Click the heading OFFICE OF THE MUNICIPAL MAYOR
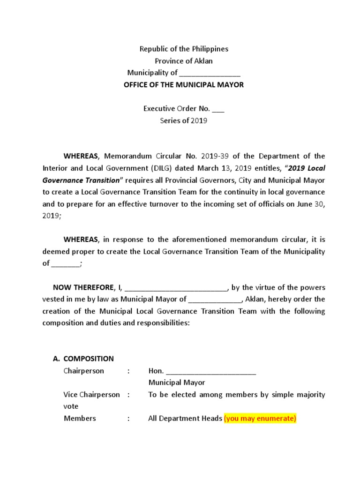[x=183, y=85]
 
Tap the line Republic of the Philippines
[x=184, y=49]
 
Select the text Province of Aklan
[x=184, y=61]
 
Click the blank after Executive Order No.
[x=218, y=109]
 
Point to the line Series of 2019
[x=183, y=120]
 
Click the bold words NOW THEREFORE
[x=82, y=287]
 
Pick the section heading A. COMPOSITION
[x=83, y=359]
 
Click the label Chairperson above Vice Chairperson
[x=84, y=371]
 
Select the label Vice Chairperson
[x=92, y=395]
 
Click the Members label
[x=80, y=419]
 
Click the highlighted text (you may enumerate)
[x=260, y=419]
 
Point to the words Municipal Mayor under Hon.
[x=177, y=383]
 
